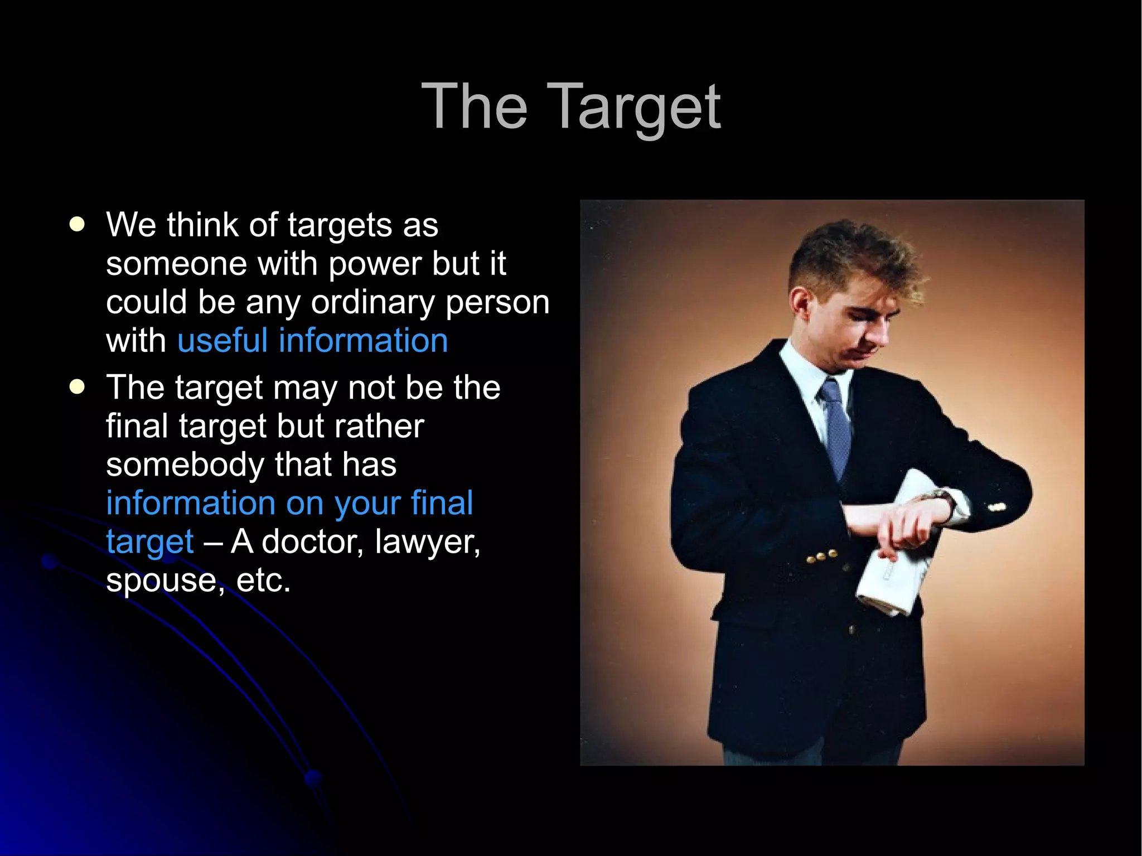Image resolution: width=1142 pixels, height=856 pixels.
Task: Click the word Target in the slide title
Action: click(637, 107)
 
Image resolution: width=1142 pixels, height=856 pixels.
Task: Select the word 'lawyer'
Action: click(427, 542)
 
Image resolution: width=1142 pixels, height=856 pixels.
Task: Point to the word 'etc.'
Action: click(263, 580)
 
